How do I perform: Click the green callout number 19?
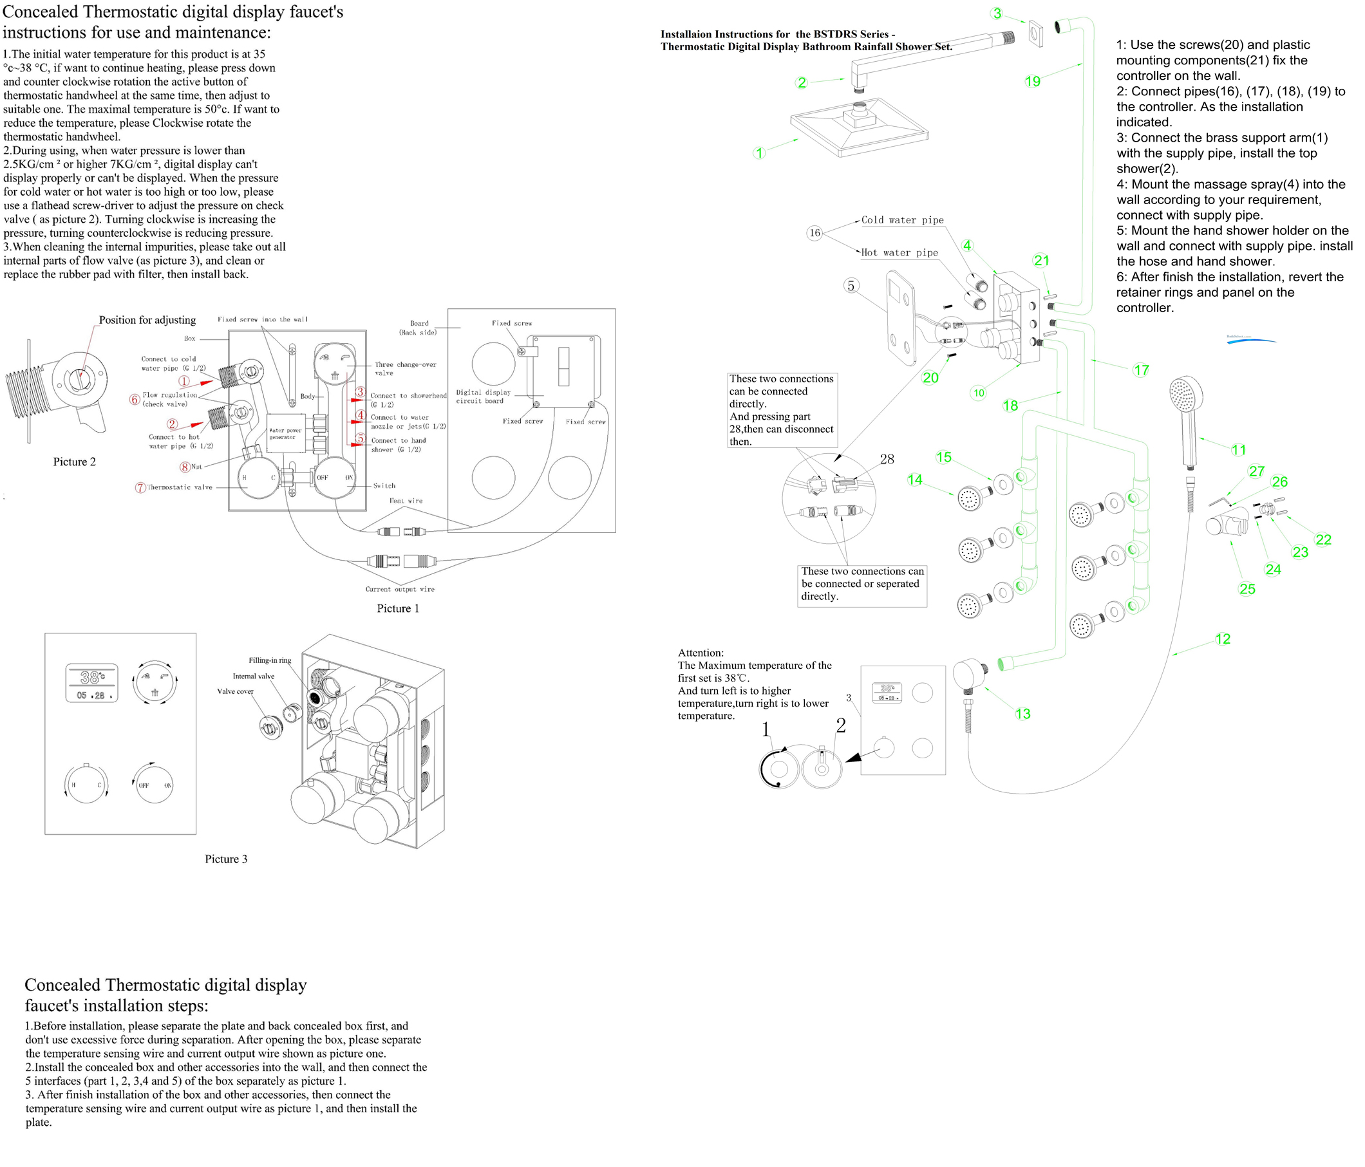[1032, 81]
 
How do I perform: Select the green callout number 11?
[1239, 450]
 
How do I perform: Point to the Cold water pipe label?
[903, 220]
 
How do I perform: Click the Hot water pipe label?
[899, 253]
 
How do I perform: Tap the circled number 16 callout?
[815, 232]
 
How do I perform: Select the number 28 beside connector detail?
[887, 459]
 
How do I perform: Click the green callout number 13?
[1022, 714]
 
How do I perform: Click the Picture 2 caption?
[75, 462]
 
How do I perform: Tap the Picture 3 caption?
[226, 859]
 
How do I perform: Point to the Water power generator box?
[285, 433]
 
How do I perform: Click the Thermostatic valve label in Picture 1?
[179, 487]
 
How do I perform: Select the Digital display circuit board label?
[483, 397]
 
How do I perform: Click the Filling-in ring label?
[269, 660]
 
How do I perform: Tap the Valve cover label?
[235, 691]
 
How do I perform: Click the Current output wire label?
[400, 590]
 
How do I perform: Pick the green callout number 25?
[1247, 589]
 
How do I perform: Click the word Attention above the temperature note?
[701, 653]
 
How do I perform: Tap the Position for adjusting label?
[147, 320]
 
